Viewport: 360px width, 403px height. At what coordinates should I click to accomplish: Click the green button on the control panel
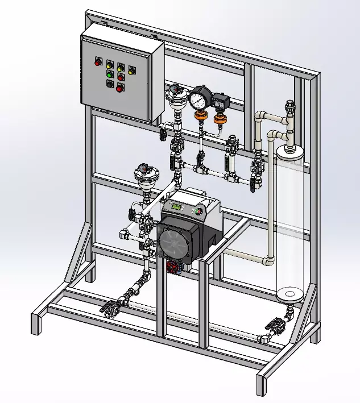point(109,74)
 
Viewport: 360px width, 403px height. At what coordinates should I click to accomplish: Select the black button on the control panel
point(110,84)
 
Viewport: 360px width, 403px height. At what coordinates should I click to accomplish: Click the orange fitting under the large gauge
point(200,118)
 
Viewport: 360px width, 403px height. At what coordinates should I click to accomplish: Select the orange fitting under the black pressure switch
point(219,120)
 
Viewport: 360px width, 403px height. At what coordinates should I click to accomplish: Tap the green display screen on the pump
point(177,207)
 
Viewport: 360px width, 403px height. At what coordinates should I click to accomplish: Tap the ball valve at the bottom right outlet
point(277,325)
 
